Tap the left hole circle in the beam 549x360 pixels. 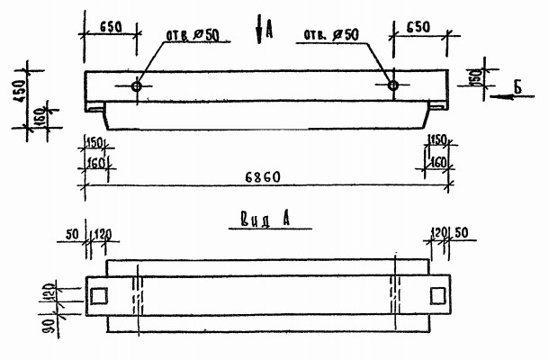pyautogui.click(x=135, y=86)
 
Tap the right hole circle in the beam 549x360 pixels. pyautogui.click(x=392, y=85)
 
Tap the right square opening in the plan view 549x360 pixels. pyautogui.click(x=437, y=295)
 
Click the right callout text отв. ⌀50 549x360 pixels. pyautogui.click(x=330, y=35)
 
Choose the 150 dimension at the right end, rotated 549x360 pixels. pyautogui.click(x=474, y=77)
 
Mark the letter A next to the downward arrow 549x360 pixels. pyautogui.click(x=269, y=32)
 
